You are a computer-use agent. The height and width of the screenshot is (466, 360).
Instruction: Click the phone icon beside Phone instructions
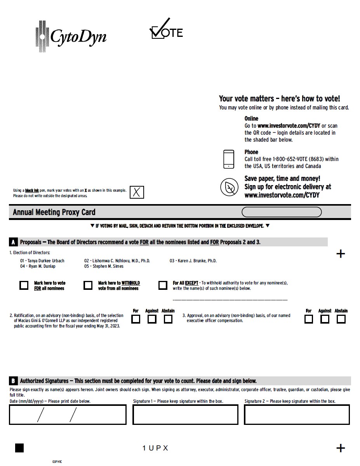229,159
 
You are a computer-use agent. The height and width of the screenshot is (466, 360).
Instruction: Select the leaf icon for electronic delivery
230,187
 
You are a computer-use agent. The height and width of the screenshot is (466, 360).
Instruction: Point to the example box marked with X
137,192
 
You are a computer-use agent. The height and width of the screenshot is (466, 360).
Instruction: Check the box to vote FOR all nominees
24,286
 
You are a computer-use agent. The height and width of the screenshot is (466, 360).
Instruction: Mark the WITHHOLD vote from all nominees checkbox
88,286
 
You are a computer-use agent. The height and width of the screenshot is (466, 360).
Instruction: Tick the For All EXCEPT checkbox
163,286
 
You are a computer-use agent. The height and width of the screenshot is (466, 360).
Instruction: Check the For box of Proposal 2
136,319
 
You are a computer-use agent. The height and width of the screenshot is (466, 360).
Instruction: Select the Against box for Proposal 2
152,319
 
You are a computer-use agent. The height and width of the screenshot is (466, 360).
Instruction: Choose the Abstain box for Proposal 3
341,319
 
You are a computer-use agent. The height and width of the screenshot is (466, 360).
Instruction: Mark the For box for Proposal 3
309,319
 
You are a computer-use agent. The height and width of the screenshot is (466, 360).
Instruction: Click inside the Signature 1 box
185,414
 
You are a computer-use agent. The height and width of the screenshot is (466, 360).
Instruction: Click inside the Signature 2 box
297,414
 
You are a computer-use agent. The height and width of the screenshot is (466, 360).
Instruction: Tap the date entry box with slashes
68,414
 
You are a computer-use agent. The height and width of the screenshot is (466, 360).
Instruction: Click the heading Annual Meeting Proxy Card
54,212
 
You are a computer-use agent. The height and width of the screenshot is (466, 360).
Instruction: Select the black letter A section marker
13,242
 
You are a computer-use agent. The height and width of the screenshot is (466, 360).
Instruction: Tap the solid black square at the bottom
19,448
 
